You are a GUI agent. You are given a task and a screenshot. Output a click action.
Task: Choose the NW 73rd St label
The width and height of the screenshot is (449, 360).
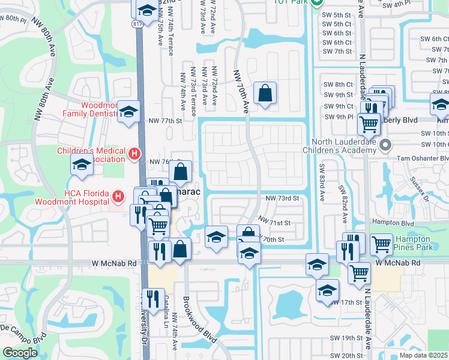point(282,198)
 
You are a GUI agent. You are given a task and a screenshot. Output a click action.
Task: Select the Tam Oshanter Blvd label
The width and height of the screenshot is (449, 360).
point(424,158)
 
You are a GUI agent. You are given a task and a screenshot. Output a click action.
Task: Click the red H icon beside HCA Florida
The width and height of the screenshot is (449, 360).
point(119,196)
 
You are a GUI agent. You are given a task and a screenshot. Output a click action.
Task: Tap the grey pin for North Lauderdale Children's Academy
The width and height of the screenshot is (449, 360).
point(387,145)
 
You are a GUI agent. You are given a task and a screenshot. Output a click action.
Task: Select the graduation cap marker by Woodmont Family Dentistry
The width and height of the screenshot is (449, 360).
point(128,111)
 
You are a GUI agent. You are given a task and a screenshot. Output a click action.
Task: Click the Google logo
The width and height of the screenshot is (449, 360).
point(20,352)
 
